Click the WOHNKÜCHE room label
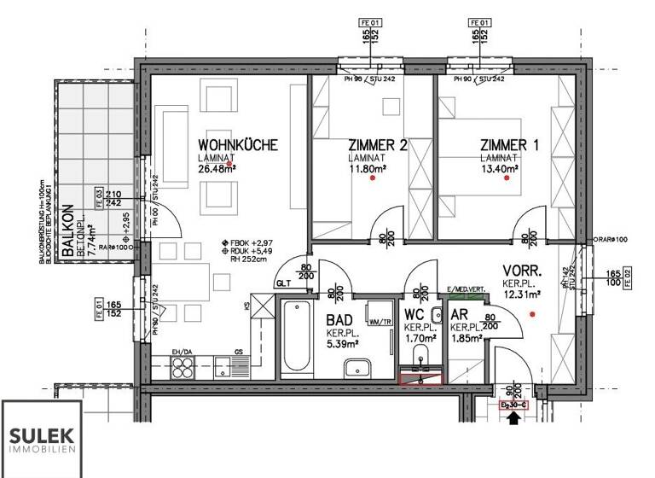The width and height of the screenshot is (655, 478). point(238,145)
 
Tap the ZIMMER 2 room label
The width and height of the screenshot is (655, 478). point(377,145)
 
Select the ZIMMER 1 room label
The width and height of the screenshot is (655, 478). point(509,145)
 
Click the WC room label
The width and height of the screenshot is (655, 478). point(414,317)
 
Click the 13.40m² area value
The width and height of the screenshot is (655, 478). point(500,168)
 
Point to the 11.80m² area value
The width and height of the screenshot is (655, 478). point(368,168)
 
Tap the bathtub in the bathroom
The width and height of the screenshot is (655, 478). point(292,339)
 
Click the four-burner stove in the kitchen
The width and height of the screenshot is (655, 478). point(185,368)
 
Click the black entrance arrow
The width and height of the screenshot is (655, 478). point(513,418)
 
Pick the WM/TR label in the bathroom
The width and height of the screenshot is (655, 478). point(380,322)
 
